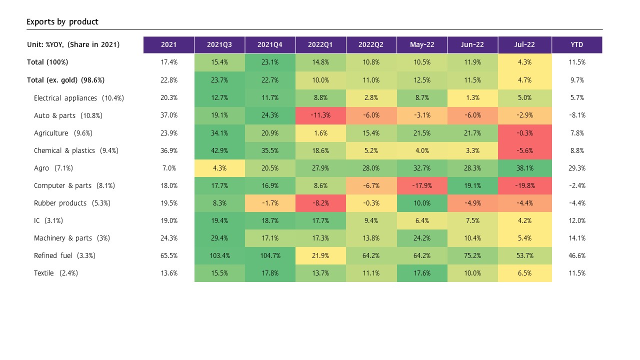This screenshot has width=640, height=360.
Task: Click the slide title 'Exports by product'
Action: click(62, 22)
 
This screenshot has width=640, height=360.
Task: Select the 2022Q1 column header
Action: click(320, 44)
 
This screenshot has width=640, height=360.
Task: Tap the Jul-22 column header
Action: click(524, 44)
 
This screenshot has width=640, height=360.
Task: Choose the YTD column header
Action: click(576, 44)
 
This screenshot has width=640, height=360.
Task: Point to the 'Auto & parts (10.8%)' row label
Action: click(68, 115)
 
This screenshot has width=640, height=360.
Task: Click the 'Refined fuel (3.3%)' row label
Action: click(64, 255)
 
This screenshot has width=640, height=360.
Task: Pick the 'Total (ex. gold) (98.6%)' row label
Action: click(65, 80)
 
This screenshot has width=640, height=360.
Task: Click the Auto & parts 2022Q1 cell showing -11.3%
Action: click(320, 115)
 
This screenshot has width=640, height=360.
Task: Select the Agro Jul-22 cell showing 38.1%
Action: click(524, 168)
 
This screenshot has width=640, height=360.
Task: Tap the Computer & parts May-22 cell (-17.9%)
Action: click(422, 185)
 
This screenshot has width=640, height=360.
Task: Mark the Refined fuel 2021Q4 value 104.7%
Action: click(270, 255)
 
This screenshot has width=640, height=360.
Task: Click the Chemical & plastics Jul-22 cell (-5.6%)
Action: click(524, 150)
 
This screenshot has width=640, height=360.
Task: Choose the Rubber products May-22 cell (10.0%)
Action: click(422, 203)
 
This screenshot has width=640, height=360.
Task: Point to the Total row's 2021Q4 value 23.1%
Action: click(270, 62)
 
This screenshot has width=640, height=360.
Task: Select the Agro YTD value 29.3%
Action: click(576, 168)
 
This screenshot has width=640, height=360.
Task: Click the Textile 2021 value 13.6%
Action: click(168, 273)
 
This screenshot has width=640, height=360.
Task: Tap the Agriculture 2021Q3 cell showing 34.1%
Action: click(219, 133)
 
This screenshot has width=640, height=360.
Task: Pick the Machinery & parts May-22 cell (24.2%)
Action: click(422, 238)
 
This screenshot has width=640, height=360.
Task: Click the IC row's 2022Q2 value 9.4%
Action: click(371, 220)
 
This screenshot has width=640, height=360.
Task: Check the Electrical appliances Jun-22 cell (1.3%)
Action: click(472, 98)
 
